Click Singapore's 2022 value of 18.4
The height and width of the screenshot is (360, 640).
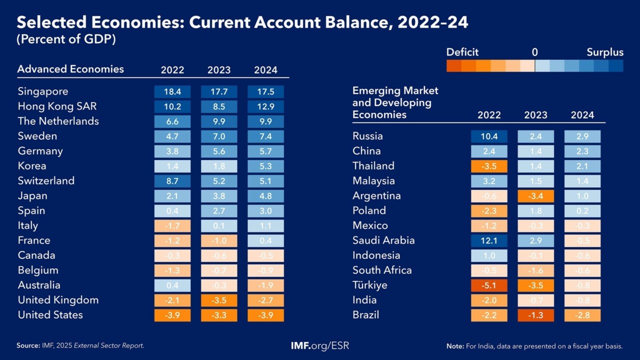click(x=172, y=92)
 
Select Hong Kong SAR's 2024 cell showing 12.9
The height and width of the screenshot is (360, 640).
click(x=265, y=106)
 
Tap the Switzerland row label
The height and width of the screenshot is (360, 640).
click(x=46, y=181)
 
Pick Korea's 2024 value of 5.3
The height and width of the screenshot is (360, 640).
click(x=265, y=166)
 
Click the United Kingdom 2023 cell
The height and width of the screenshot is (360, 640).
click(x=219, y=300)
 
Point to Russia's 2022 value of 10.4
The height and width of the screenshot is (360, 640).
click(x=489, y=136)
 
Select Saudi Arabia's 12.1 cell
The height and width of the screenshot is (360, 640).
click(x=489, y=240)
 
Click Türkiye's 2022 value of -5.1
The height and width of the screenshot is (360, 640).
click(x=489, y=285)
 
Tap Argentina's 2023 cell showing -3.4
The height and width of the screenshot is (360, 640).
click(x=535, y=196)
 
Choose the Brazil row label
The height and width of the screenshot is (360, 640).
click(x=365, y=315)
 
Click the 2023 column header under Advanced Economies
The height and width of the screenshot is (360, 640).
click(x=219, y=70)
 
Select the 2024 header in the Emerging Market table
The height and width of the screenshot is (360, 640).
click(x=582, y=115)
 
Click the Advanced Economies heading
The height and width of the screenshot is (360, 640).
click(x=70, y=69)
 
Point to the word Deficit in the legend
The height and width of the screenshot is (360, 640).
click(x=462, y=52)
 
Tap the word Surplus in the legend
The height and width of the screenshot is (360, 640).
click(x=605, y=52)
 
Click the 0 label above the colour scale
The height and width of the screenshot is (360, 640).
click(x=534, y=52)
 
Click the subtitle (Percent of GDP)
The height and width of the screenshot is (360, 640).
click(x=66, y=40)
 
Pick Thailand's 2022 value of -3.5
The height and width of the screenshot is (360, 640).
click(x=489, y=166)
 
